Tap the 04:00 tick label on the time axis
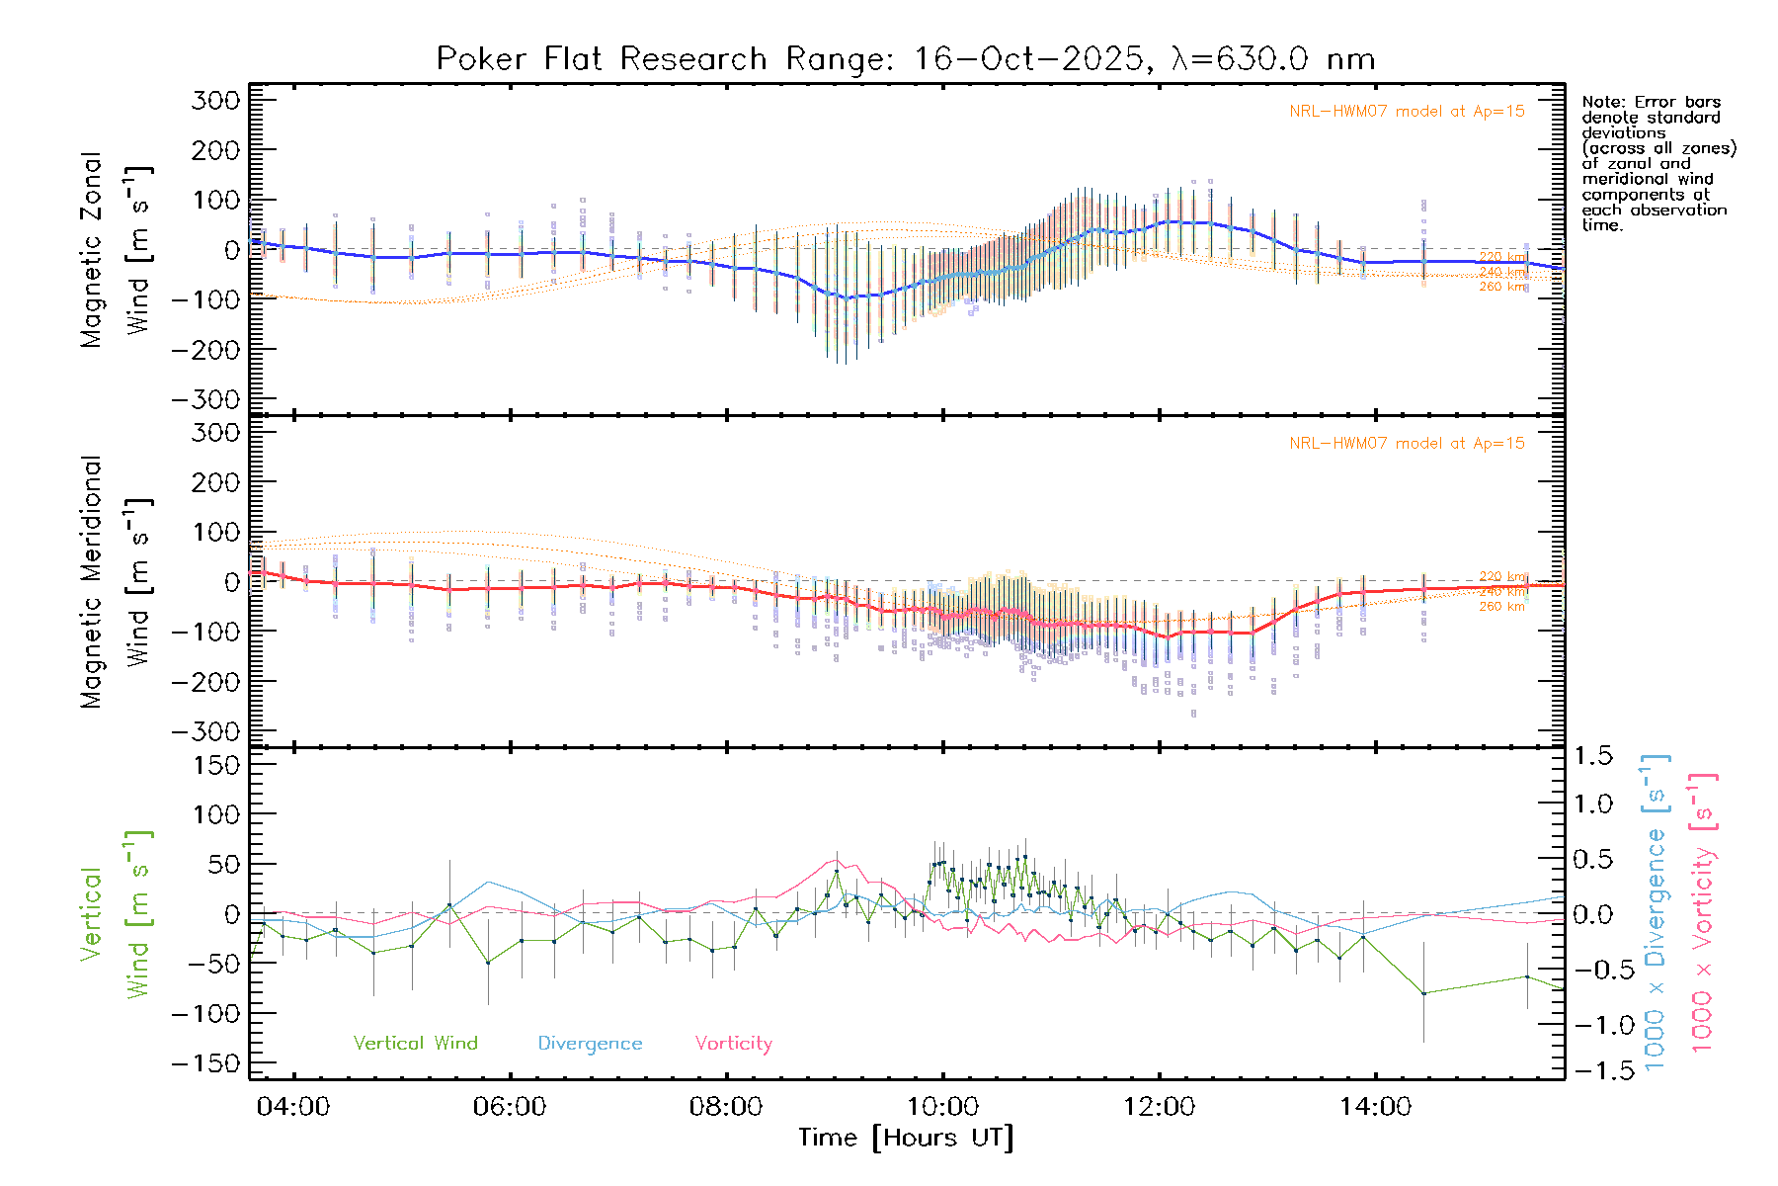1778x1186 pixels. point(292,1107)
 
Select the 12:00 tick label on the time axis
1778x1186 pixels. point(1159,1107)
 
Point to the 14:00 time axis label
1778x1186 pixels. point(1375,1107)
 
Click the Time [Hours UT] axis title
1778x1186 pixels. point(906,1139)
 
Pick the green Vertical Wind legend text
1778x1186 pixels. point(415,1044)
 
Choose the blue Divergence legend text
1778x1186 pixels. point(590,1044)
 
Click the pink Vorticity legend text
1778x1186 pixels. point(733,1044)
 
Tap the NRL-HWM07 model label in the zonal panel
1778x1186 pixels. point(1406,112)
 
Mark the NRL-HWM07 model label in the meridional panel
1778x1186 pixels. point(1406,444)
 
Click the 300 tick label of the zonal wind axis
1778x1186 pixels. point(216,100)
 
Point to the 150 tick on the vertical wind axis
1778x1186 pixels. point(216,765)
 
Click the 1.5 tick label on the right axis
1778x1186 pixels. point(1593,756)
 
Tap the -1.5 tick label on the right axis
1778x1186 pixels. point(1593,1070)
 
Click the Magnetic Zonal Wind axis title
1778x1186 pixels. point(115,249)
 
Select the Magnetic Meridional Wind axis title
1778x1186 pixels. point(115,581)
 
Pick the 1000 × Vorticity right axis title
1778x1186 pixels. point(1702,911)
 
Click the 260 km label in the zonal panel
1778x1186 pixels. point(1501,287)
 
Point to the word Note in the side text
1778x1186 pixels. point(1600,102)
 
